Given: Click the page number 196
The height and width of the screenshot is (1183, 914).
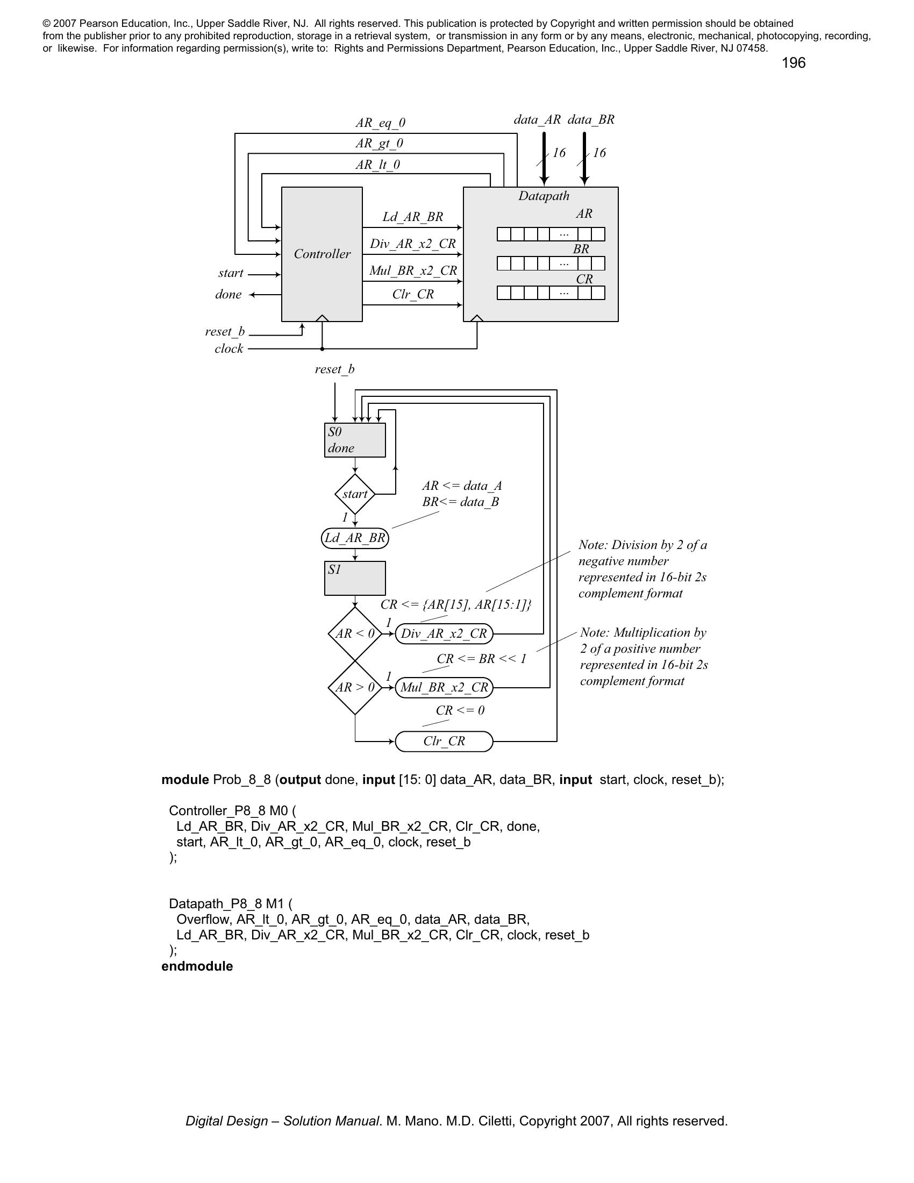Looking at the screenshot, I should tap(793, 63).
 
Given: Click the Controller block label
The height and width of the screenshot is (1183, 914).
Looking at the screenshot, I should tap(322, 253).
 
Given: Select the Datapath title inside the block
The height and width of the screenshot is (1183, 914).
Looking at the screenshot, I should tap(544, 196).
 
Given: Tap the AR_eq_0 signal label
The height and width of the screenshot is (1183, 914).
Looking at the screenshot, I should tap(380, 123).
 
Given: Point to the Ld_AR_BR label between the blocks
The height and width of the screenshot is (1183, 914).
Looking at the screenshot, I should tap(412, 217).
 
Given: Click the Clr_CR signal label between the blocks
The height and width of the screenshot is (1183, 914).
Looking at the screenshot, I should tap(412, 294).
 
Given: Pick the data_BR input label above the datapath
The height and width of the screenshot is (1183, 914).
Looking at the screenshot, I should tap(591, 120).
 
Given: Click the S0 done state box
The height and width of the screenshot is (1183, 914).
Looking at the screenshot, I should tap(355, 440).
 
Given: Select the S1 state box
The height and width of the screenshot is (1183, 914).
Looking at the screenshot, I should tap(355, 578).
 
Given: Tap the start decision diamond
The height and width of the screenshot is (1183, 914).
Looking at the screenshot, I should tap(355, 494).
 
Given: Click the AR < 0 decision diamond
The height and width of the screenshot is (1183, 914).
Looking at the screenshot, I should tap(355, 633).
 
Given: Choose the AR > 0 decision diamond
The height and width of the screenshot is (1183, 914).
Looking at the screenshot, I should tap(355, 687).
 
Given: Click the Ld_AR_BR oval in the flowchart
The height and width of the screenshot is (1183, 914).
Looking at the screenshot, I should tap(355, 538).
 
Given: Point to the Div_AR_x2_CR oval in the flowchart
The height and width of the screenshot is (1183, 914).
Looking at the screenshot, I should tap(444, 633).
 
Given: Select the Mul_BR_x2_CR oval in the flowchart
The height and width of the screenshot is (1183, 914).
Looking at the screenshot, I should tap(444, 687).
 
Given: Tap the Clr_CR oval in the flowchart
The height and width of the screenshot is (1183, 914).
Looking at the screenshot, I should tap(444, 741).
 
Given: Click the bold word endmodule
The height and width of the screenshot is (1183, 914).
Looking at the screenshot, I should tap(197, 966).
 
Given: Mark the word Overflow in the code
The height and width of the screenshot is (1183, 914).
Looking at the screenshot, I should tap(205, 919).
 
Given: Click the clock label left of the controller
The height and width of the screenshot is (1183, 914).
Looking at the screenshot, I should tap(228, 348).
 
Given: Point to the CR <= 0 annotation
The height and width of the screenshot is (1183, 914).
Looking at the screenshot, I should tap(460, 710).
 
